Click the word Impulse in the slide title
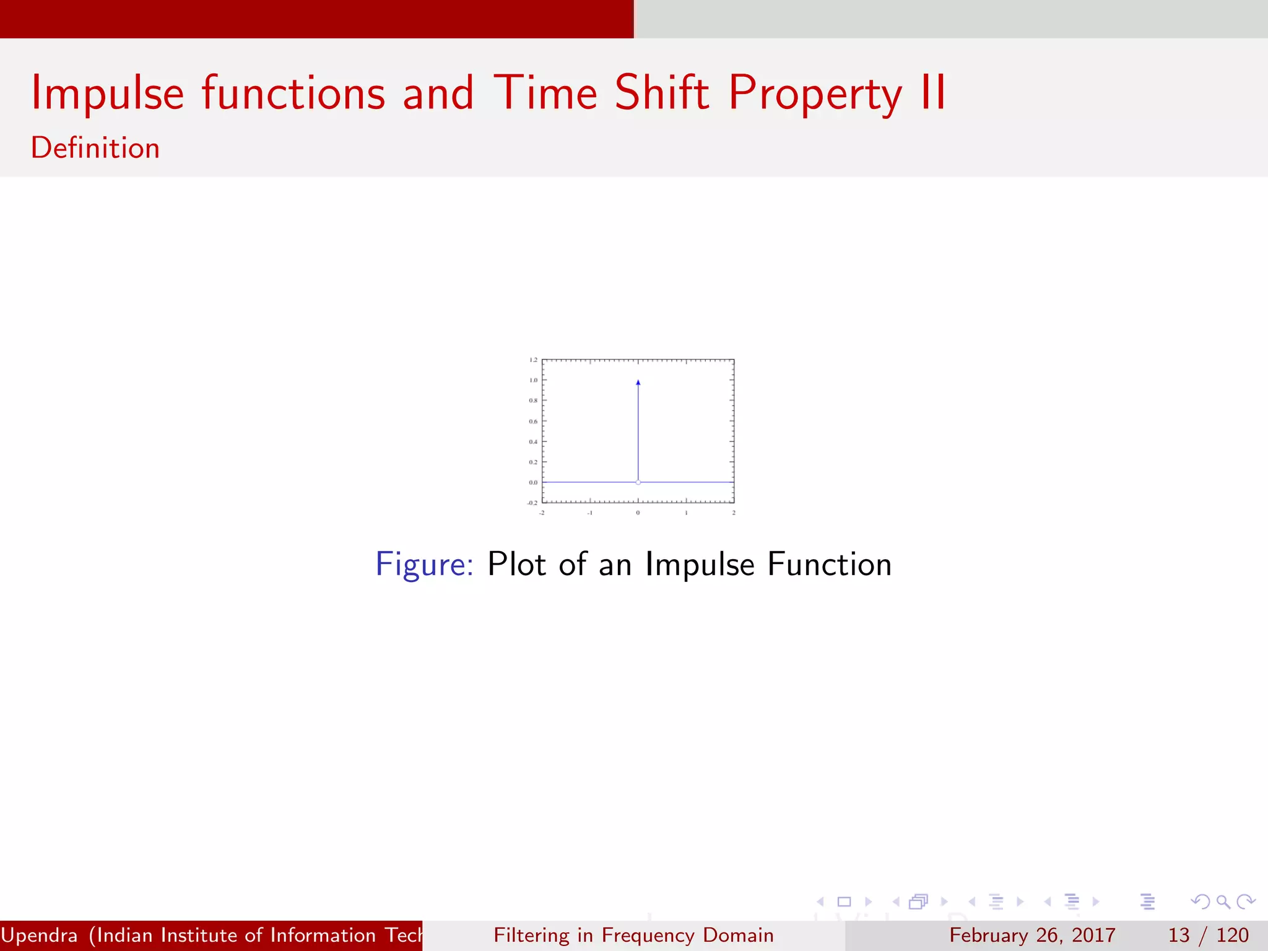108,93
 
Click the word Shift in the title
661,93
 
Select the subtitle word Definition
95,148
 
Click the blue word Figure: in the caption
425,564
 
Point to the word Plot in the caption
516,564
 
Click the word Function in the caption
829,564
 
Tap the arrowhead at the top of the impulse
638,383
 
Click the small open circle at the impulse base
638,482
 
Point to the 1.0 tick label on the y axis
533,380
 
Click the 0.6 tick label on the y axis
533,421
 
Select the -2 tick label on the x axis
542,513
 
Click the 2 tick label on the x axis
734,513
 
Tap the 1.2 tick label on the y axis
533,360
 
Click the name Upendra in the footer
40,935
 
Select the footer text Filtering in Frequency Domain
633,935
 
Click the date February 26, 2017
1032,935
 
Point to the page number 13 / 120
1208,935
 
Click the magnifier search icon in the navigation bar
1223,901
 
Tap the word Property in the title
815,93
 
